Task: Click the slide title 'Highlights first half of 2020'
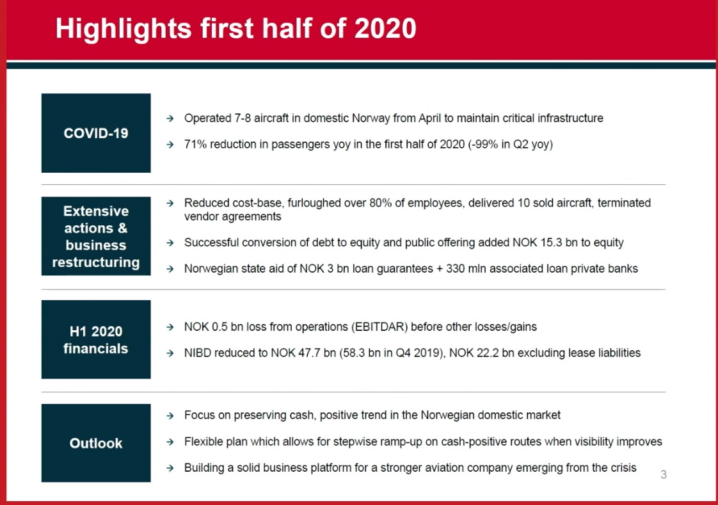235,29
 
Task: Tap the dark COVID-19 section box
96,133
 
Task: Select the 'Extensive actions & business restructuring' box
96,237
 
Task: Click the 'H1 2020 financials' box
96,340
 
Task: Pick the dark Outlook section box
96,443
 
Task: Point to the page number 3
664,475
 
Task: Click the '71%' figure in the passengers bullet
195,145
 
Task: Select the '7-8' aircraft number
242,118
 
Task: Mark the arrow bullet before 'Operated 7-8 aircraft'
170,119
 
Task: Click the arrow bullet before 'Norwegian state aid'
170,269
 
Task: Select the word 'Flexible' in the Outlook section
204,442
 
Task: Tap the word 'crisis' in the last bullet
621,468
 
